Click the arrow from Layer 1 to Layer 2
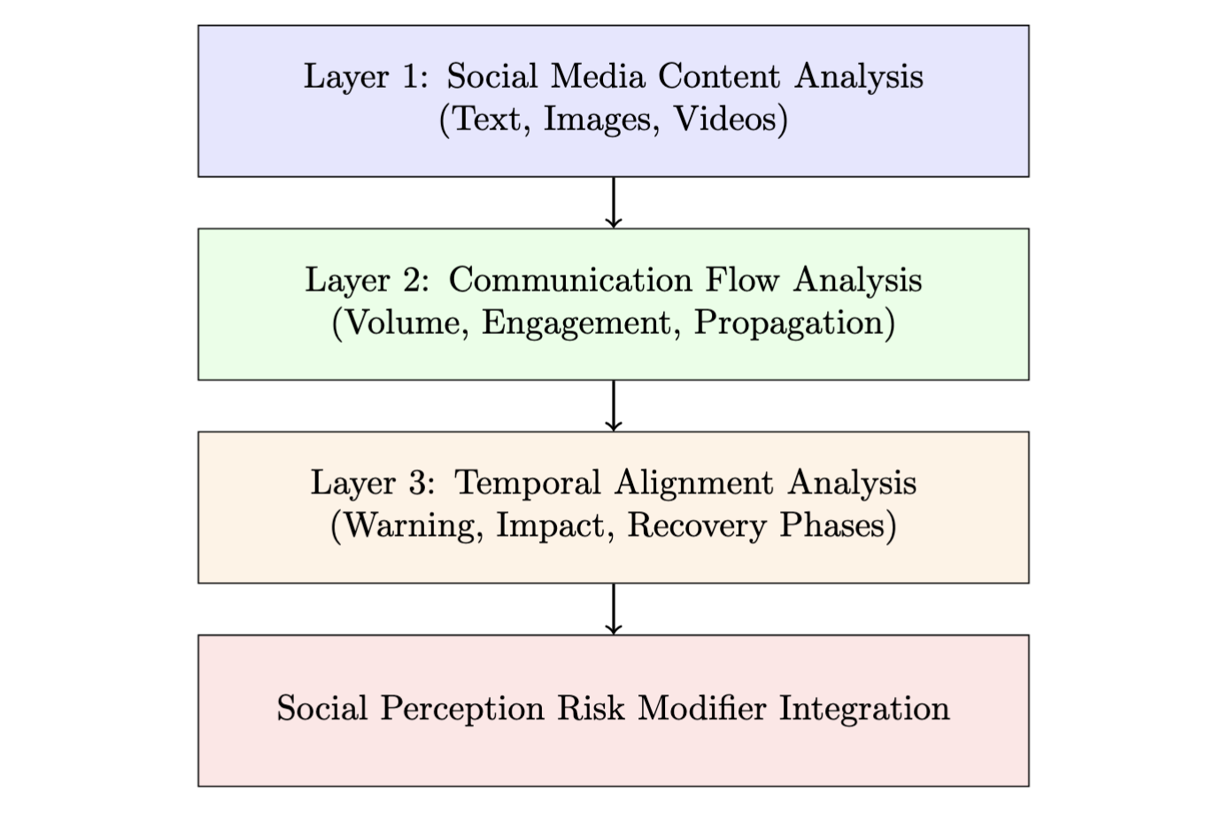click(613, 203)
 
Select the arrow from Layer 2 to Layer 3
click(613, 406)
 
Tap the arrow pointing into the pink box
click(613, 609)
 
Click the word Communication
click(570, 280)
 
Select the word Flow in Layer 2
click(743, 280)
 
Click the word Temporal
click(528, 483)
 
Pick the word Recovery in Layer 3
click(697, 526)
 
